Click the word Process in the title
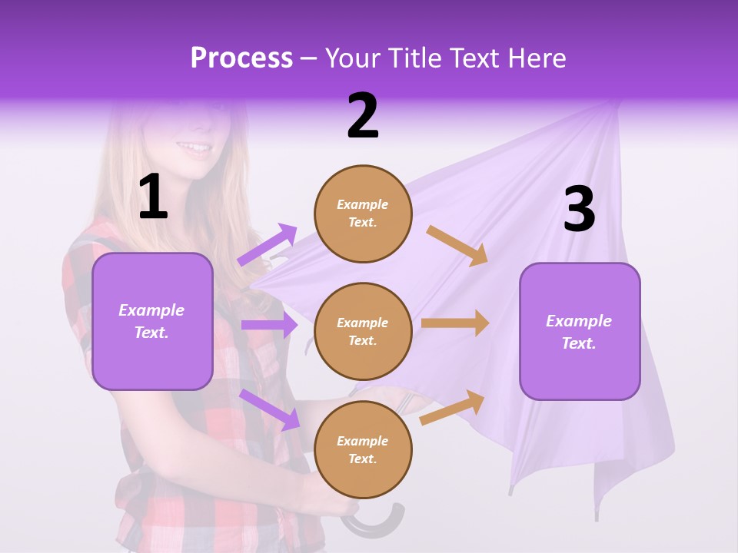(x=241, y=58)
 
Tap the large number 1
(x=153, y=197)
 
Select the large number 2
(x=363, y=116)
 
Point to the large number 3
(x=579, y=210)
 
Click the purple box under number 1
(x=152, y=321)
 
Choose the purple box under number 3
(x=580, y=331)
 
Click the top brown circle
(x=363, y=213)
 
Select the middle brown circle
(x=363, y=331)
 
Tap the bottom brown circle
(x=363, y=449)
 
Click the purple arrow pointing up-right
(x=268, y=244)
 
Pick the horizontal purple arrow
(x=269, y=325)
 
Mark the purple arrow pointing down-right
(x=269, y=409)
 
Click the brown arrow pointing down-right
(x=457, y=246)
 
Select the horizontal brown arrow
(x=455, y=323)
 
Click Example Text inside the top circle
(x=363, y=213)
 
